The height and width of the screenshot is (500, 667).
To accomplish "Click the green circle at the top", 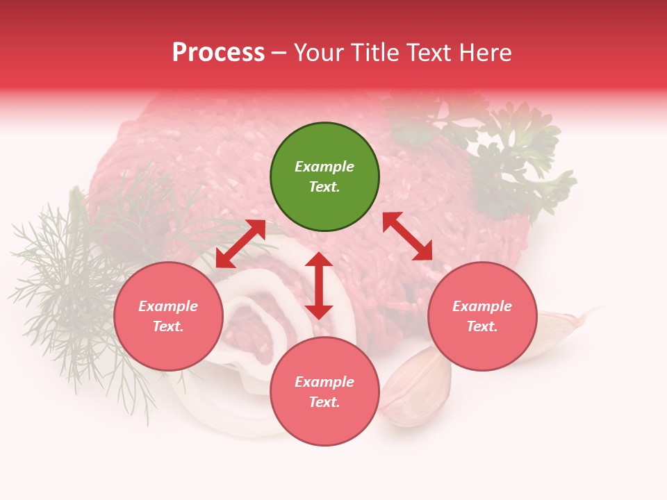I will click(x=324, y=177).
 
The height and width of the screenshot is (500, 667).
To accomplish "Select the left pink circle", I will click(x=168, y=316).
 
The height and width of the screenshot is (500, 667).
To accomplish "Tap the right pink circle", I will click(x=482, y=316).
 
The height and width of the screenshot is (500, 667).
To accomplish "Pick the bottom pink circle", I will click(x=324, y=391).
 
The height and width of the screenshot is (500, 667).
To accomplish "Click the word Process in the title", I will click(x=218, y=53).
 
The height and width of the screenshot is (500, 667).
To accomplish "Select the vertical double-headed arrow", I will click(x=319, y=285).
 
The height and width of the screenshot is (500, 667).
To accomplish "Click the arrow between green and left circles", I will click(x=240, y=244).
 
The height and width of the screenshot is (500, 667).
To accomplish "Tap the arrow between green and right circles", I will click(x=407, y=236).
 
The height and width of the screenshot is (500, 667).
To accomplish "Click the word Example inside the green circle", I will click(x=324, y=167).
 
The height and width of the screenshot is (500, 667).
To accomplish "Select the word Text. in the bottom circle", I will click(x=324, y=402).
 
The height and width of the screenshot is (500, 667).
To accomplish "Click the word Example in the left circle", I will click(x=168, y=306).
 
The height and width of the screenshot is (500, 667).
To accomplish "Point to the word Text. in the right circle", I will click(x=482, y=326).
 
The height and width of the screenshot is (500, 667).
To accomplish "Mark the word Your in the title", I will click(x=320, y=53).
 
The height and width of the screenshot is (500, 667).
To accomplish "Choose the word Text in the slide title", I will click(x=427, y=53).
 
